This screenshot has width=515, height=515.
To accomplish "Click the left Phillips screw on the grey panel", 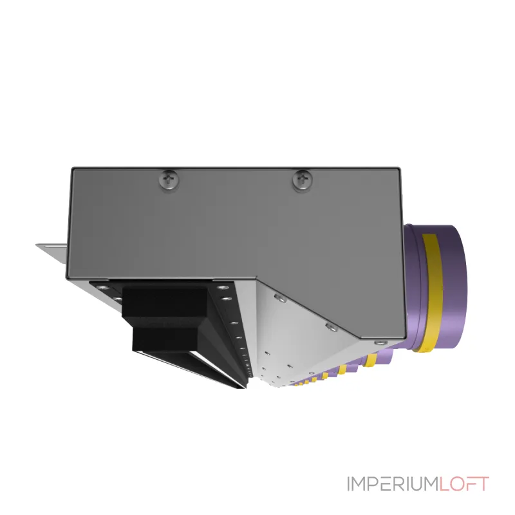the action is [170, 179].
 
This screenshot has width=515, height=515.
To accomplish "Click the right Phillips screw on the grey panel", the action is [302, 180].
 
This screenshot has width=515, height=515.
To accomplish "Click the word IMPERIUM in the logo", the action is [393, 484].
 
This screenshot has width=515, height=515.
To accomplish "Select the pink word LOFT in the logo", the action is [464, 484].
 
